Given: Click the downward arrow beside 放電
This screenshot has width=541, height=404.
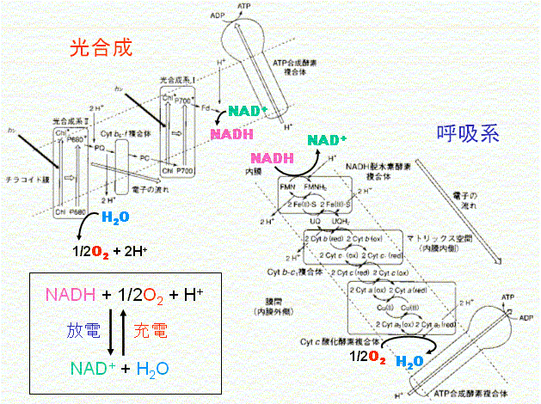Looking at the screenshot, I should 110,330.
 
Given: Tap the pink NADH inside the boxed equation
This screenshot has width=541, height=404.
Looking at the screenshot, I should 68,296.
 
